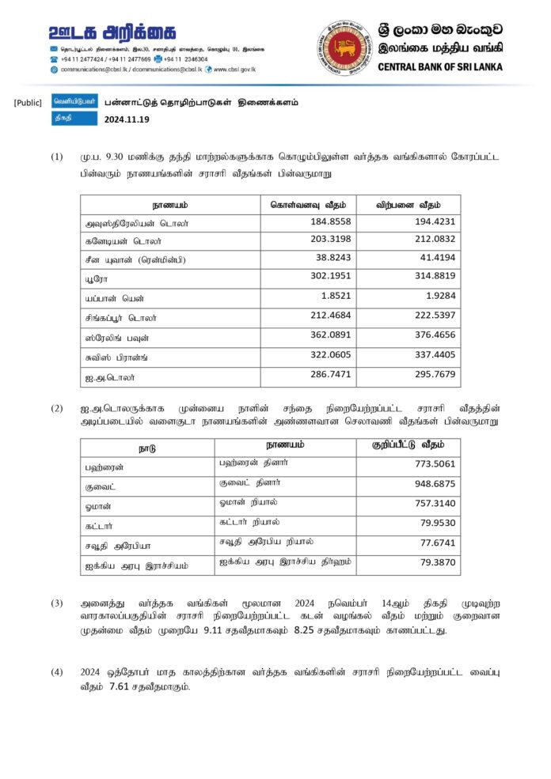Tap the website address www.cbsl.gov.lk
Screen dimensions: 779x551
pyautogui.click(x=234, y=69)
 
